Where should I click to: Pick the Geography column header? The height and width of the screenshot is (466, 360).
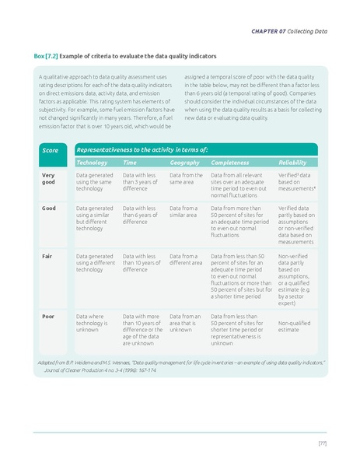pyautogui.click(x=184, y=163)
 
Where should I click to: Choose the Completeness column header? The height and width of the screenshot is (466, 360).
pyautogui.click(x=230, y=163)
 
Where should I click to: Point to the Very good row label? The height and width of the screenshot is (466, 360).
pyautogui.click(x=48, y=180)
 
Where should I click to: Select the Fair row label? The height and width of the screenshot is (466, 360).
pyautogui.click(x=47, y=255)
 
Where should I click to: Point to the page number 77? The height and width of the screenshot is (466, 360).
pyautogui.click(x=321, y=443)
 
